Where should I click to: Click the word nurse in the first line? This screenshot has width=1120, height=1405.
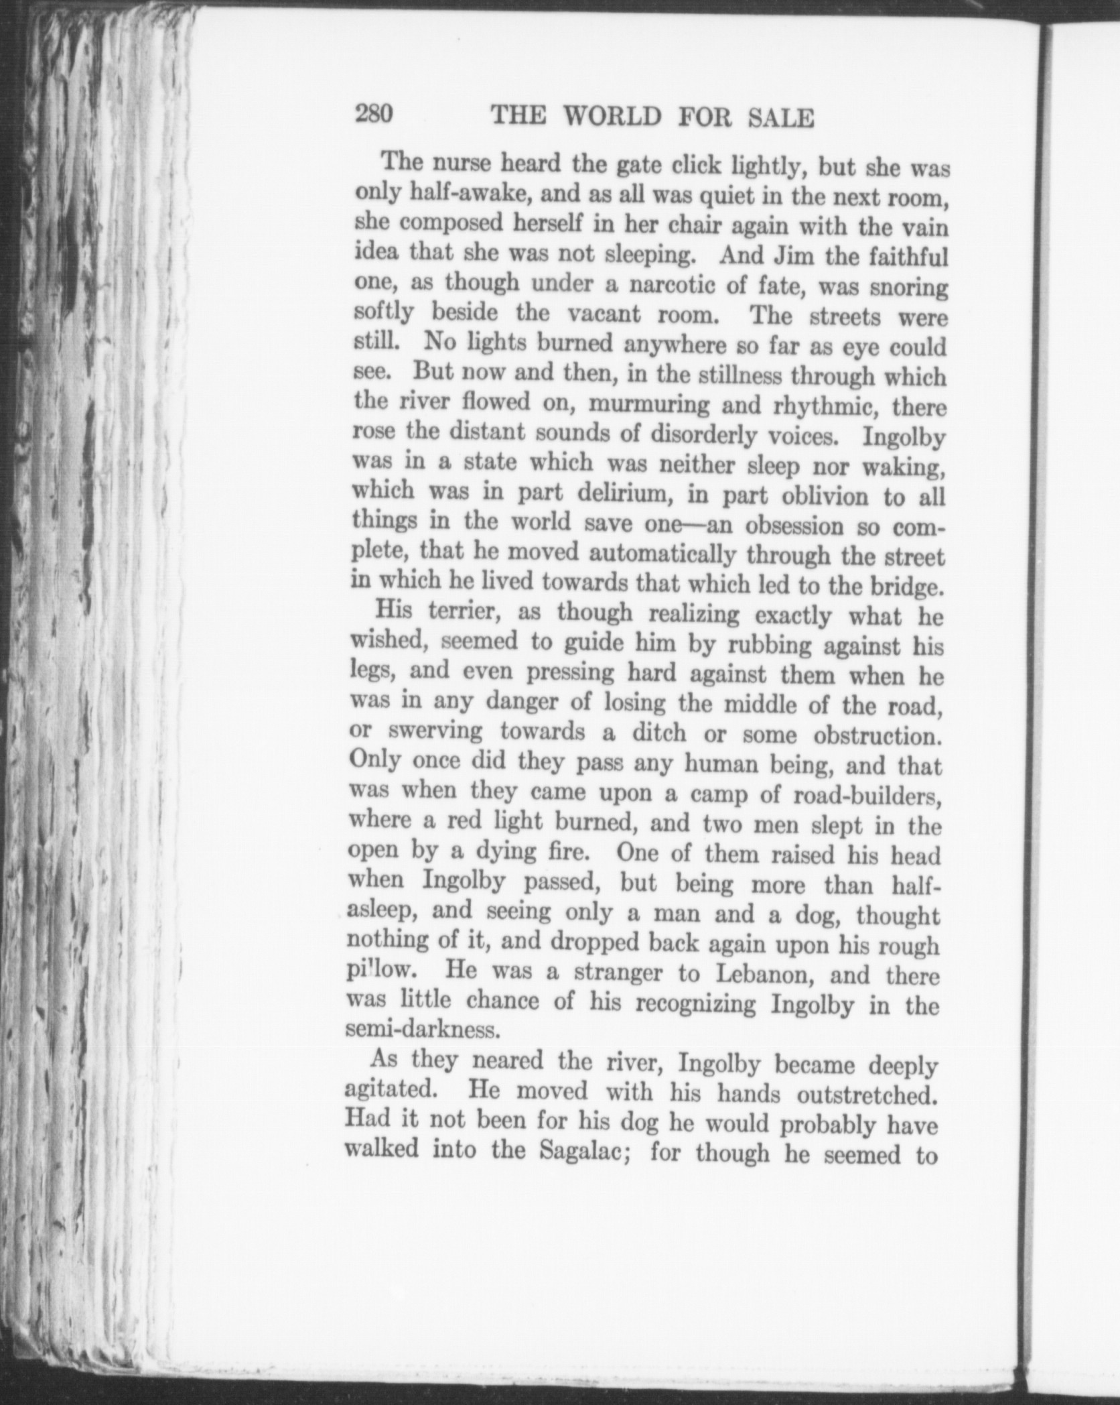click(462, 163)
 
